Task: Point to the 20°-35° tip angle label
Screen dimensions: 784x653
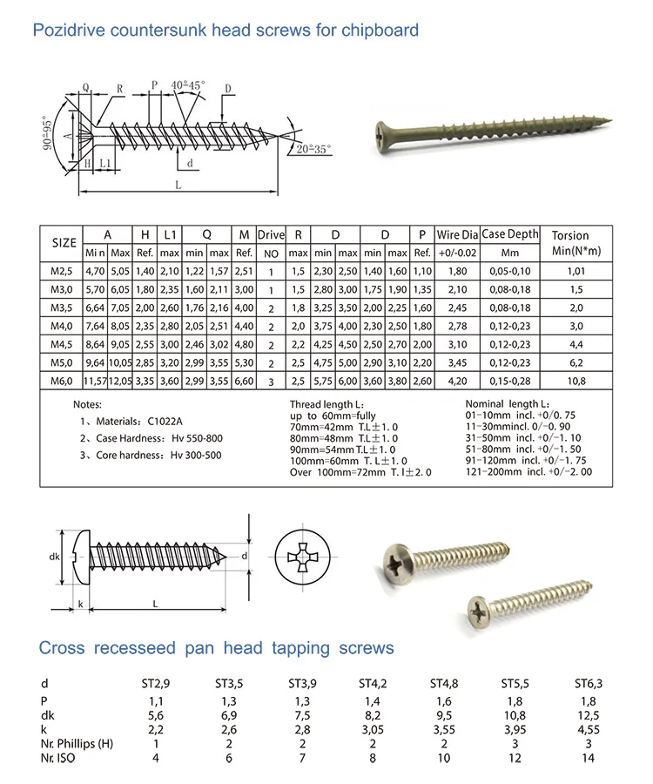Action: (x=311, y=149)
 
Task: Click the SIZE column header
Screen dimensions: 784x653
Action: (x=58, y=243)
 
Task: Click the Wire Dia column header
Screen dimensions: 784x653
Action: (x=458, y=234)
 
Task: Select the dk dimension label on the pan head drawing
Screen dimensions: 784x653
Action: (x=54, y=558)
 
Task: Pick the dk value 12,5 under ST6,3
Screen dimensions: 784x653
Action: (x=588, y=714)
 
